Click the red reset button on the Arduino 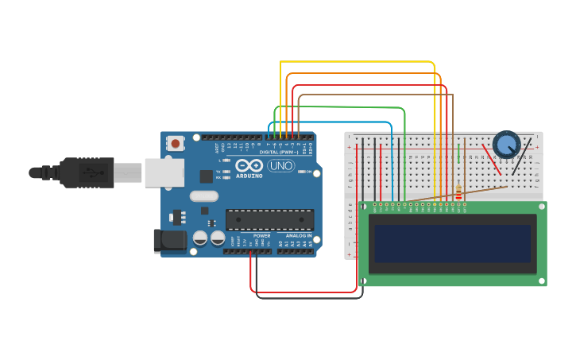175,144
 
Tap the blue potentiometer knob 506,145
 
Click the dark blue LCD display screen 452,244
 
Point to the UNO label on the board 280,166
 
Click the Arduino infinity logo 248,165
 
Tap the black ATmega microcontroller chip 269,220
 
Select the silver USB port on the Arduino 164,172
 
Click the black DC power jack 169,241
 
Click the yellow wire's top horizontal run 358,62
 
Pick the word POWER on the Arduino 261,236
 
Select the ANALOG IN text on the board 299,236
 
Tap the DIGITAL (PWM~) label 278,152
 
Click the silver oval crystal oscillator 204,195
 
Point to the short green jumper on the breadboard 458,153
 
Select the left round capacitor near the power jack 200,238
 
